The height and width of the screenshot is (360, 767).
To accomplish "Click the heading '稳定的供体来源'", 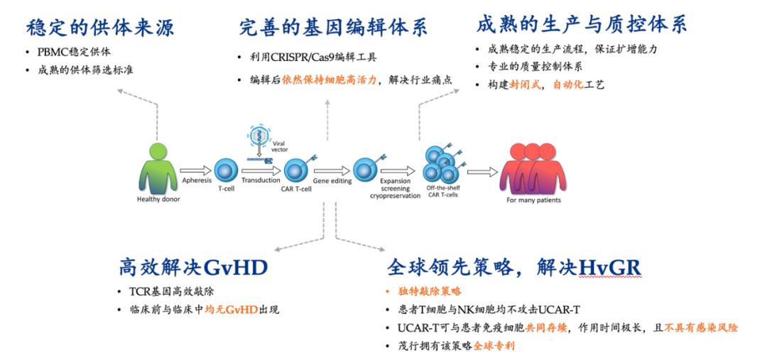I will pyautogui.click(x=100, y=28).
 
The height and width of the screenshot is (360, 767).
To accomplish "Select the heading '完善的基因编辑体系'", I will pyautogui.click(x=333, y=28).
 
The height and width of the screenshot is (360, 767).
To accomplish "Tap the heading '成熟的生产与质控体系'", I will pyautogui.click(x=581, y=25).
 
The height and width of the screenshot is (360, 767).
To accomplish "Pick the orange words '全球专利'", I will pyautogui.click(x=494, y=346).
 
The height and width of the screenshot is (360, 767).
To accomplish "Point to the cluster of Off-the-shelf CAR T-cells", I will pyautogui.click(x=440, y=164).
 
